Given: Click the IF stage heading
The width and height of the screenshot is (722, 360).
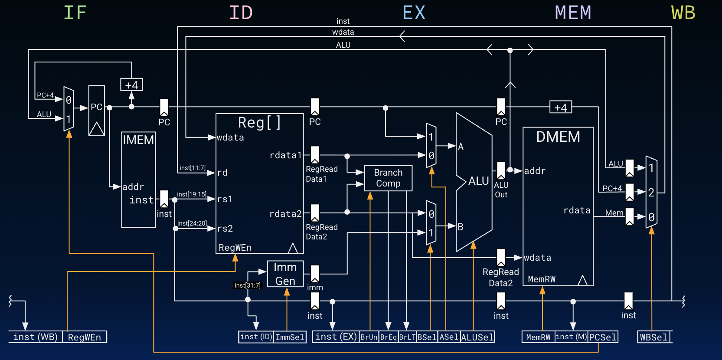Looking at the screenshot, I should [x=75, y=13].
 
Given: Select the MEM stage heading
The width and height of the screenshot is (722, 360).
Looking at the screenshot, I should [x=573, y=13].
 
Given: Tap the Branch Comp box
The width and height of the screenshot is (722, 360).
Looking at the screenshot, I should [x=388, y=178].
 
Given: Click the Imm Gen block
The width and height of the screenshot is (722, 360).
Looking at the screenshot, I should [x=285, y=274].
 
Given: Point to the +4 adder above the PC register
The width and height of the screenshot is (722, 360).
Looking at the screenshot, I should [x=131, y=85].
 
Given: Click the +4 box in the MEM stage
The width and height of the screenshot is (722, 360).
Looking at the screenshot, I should [x=560, y=108].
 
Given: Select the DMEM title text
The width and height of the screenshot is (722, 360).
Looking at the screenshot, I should [x=558, y=137].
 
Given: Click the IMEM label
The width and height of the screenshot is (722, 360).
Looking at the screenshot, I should [x=138, y=140].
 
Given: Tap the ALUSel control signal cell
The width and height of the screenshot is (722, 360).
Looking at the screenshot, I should [x=477, y=337].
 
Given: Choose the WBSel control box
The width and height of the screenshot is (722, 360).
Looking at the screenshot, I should [x=654, y=337].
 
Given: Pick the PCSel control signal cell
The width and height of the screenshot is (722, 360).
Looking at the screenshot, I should [x=603, y=337].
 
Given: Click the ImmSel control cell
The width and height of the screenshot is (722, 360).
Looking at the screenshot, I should [x=290, y=337].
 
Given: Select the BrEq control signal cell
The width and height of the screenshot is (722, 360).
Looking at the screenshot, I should [x=389, y=337].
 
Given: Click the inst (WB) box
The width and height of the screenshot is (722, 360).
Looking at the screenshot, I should [x=36, y=337].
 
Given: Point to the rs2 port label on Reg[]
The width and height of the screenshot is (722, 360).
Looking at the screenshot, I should [x=225, y=229].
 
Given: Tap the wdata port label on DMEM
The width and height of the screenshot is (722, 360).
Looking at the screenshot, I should [x=537, y=258].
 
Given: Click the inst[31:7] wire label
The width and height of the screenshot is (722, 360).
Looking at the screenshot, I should [x=248, y=285].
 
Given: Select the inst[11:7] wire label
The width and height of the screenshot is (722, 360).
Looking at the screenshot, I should [x=193, y=168].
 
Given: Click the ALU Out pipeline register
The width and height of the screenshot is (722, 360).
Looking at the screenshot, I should [x=501, y=170].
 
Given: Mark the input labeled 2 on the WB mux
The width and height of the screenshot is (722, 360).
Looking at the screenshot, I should [x=651, y=193].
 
